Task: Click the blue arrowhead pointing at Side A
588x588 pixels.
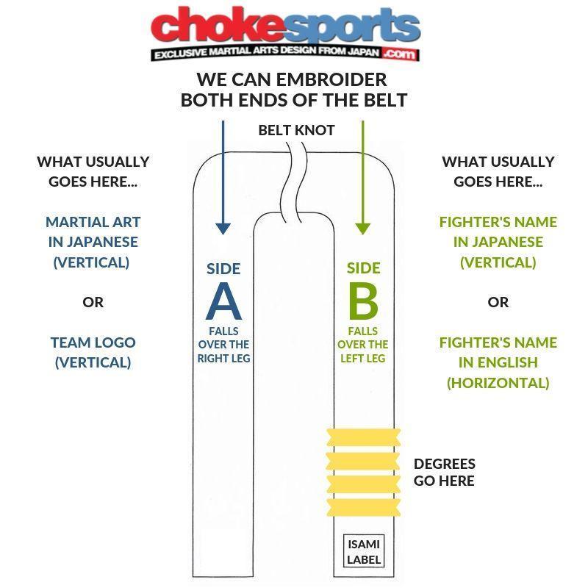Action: tap(223, 229)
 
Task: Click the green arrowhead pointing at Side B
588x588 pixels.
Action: tap(362, 229)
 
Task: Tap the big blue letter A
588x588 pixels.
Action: tap(224, 301)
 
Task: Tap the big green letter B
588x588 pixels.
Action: tap(363, 301)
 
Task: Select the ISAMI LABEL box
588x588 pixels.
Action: tap(364, 551)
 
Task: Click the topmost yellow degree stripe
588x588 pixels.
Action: tap(363, 437)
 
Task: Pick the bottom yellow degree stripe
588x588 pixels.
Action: tap(363, 507)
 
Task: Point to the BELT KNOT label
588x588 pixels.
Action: tap(296, 131)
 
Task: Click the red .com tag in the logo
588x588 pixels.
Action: tap(400, 54)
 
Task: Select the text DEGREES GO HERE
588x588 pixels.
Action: tap(445, 472)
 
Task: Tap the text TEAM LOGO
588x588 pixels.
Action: tap(93, 343)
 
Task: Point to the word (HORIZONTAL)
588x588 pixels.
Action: tap(498, 383)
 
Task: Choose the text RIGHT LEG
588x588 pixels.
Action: tap(224, 359)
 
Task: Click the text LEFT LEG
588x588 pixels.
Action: tap(362, 359)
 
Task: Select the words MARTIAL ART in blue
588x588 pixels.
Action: tap(93, 222)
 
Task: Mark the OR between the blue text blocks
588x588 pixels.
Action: tap(93, 302)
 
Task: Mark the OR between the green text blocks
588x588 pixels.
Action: tap(498, 302)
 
